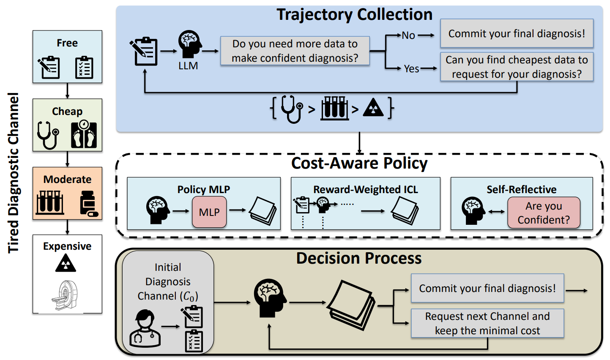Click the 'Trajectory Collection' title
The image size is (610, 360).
click(x=355, y=14)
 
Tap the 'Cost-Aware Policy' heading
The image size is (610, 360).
click(x=359, y=163)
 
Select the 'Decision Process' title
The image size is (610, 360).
click(x=359, y=258)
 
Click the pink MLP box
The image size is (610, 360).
click(x=209, y=212)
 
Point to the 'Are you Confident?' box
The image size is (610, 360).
click(x=544, y=213)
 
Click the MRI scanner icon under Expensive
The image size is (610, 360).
click(x=65, y=295)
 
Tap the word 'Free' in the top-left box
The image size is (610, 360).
click(x=67, y=43)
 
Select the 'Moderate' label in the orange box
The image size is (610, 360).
click(x=67, y=179)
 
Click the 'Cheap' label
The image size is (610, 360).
click(x=67, y=111)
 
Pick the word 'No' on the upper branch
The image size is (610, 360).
click(x=408, y=35)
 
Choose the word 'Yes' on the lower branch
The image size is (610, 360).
click(x=411, y=68)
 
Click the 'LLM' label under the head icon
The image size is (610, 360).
click(x=188, y=66)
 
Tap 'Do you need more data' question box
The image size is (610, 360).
click(x=295, y=51)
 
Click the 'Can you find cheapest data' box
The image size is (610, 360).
click(x=517, y=67)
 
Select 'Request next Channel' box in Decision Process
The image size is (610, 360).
click(x=487, y=323)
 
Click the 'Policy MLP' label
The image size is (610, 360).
click(x=204, y=189)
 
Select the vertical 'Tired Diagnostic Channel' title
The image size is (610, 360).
click(x=13, y=173)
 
